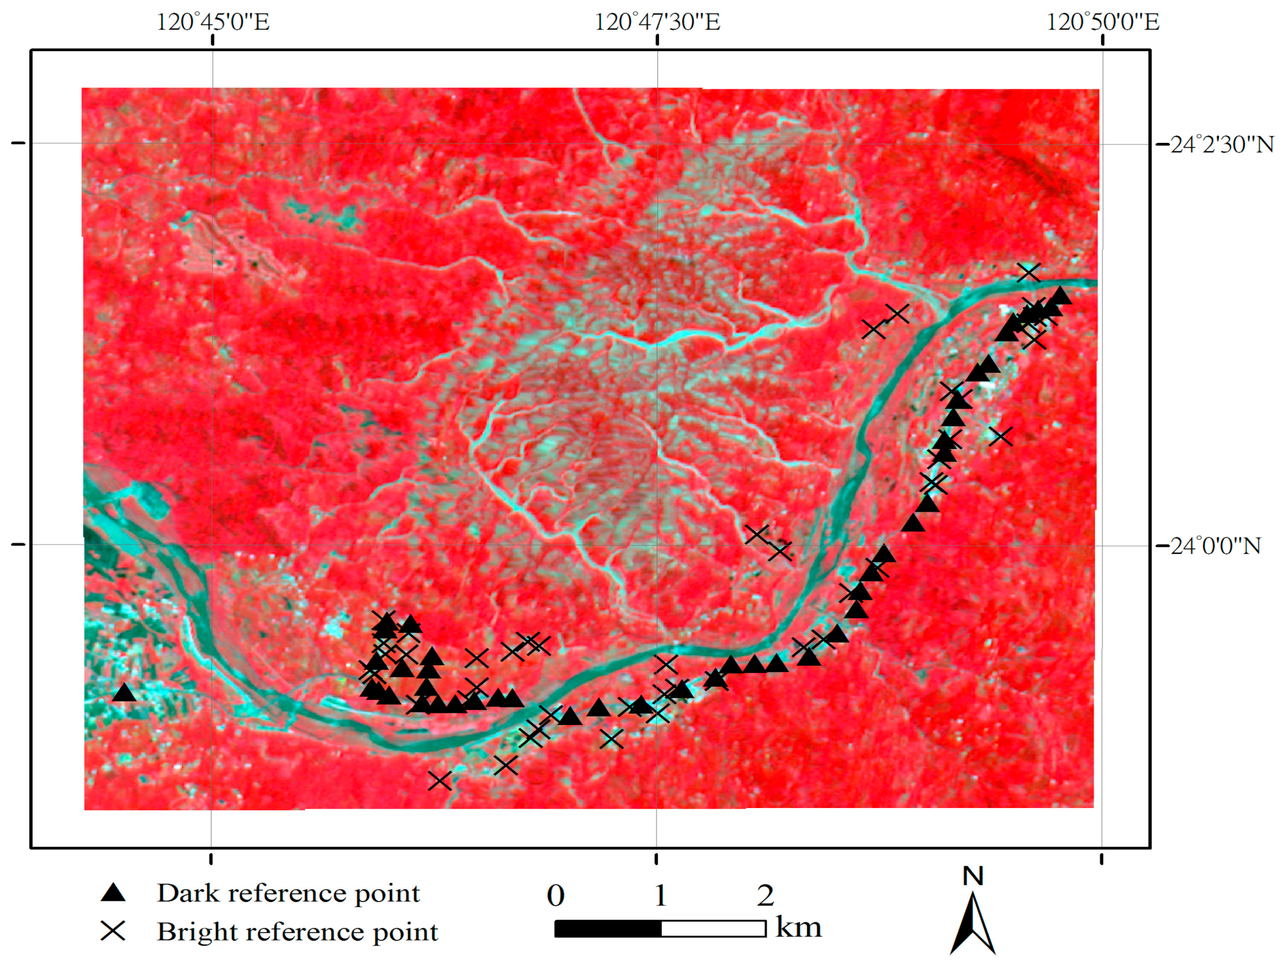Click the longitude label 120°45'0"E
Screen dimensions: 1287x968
pos(213,22)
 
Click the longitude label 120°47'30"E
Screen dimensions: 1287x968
pos(657,22)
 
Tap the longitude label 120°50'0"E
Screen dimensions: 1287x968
pos(1103,22)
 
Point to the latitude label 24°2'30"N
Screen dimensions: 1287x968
pos(1222,144)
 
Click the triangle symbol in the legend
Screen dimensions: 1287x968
pos(114,893)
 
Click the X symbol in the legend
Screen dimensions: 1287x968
pos(113,931)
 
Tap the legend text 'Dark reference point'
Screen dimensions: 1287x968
pos(288,893)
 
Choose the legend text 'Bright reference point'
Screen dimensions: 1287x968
pos(297,931)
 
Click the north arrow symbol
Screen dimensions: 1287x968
pos(973,925)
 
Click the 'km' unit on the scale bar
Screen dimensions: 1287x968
pos(798,927)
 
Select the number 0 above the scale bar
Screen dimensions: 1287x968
pos(556,896)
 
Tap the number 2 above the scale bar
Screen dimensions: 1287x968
pos(765,896)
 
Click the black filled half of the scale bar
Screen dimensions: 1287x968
pos(608,929)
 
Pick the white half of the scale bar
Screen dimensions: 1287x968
pos(713,929)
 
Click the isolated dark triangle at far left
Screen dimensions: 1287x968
pos(124,693)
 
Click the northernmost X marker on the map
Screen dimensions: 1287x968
pos(1028,272)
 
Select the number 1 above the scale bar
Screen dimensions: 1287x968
pos(661,896)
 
